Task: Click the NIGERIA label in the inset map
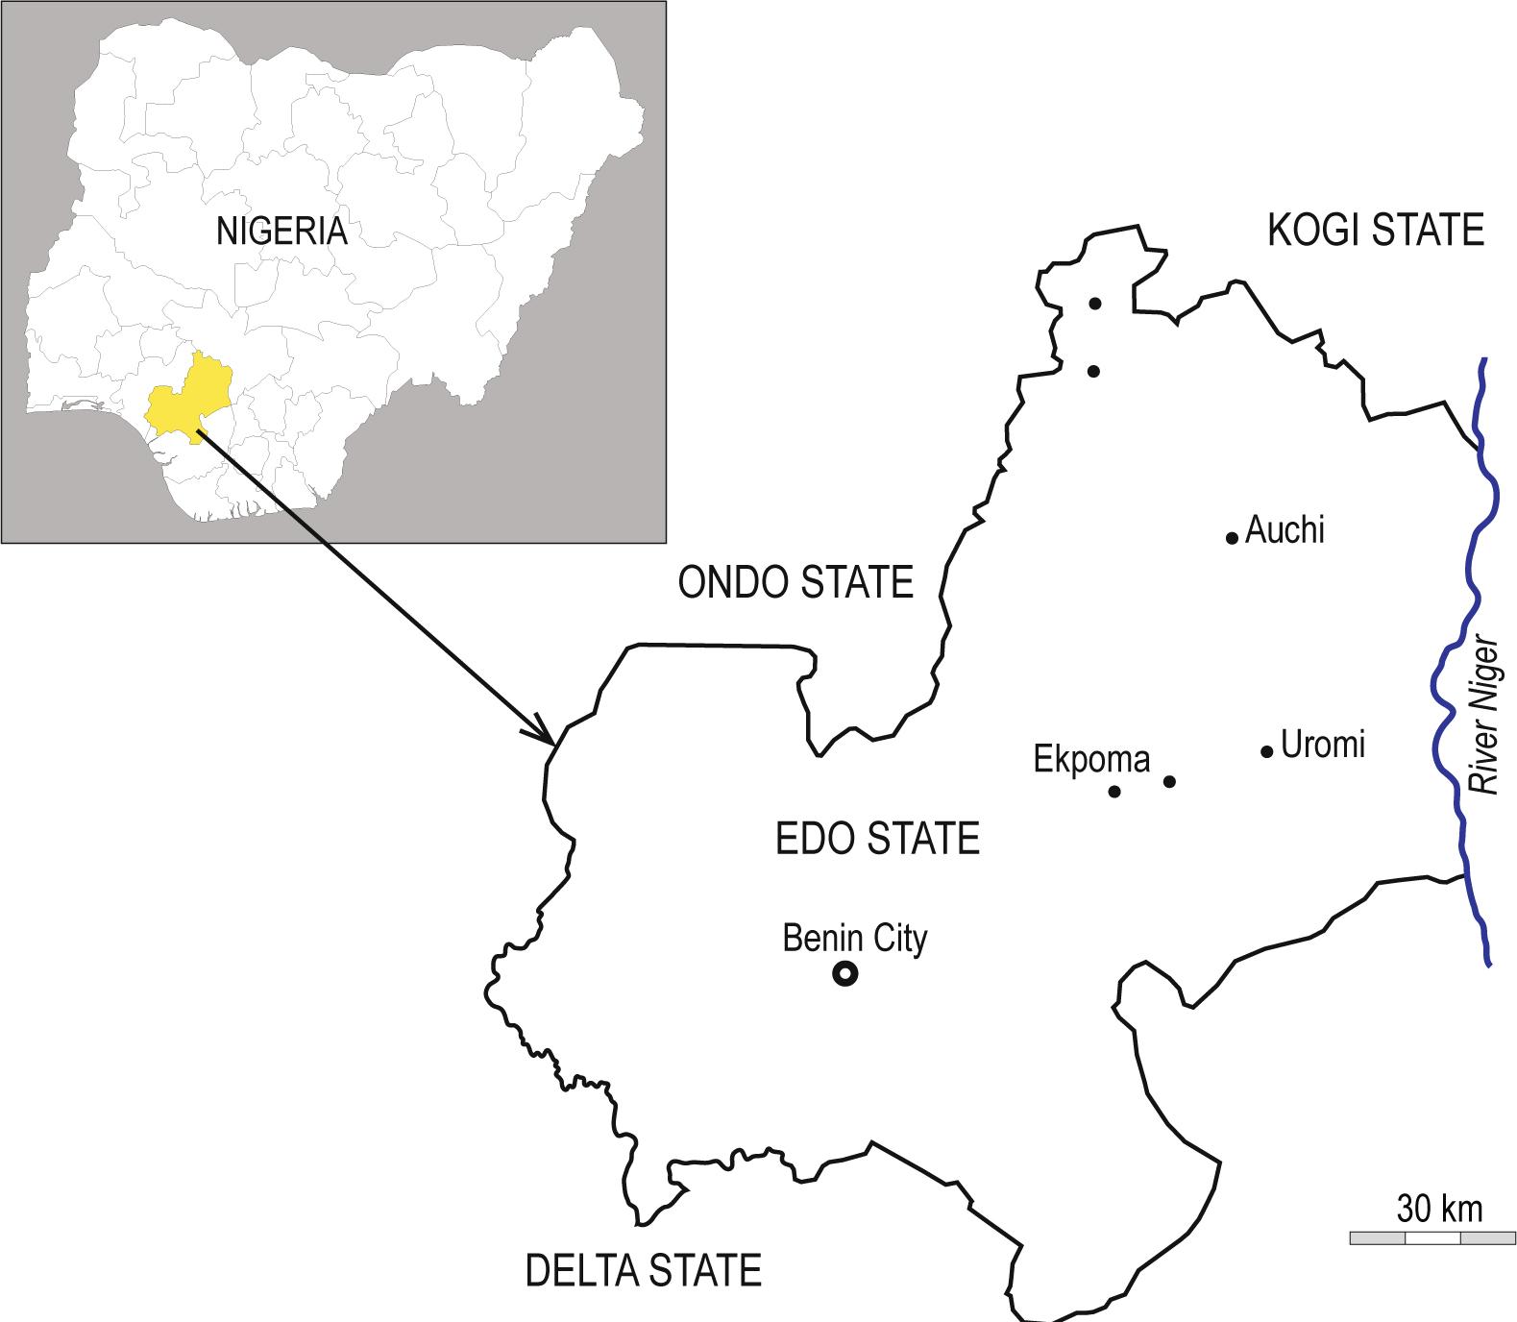tap(281, 232)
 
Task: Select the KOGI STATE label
tap(1376, 231)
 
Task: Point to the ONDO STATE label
tap(795, 582)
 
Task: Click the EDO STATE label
tap(877, 839)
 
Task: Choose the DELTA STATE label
tap(643, 1270)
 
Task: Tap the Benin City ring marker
tap(844, 974)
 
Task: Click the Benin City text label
tap(855, 938)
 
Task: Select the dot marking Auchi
tap(1232, 538)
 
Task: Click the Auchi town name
tap(1285, 530)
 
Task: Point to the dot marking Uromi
tap(1266, 751)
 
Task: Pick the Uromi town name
tap(1323, 745)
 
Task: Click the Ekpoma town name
tap(1091, 760)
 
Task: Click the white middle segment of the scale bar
tap(1432, 1237)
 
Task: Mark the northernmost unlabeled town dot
tap(1094, 304)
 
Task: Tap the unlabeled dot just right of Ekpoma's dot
tap(1169, 781)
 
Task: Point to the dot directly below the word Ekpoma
tap(1114, 792)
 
